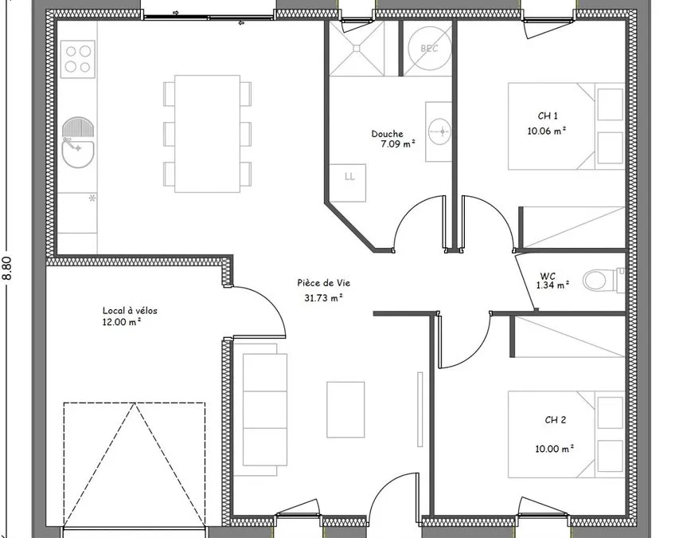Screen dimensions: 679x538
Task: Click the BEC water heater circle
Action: [429, 49]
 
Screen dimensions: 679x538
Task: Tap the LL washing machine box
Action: [348, 183]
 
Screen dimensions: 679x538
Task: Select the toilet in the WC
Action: [601, 280]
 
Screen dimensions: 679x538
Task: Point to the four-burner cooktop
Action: [78, 60]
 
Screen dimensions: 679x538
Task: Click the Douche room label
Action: [387, 134]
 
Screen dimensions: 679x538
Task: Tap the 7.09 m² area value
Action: [398, 144]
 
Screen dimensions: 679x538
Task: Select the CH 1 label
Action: [548, 116]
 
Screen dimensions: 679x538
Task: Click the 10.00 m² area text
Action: [554, 448]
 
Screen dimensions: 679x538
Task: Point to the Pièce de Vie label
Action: [323, 283]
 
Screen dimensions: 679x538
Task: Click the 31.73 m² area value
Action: [323, 298]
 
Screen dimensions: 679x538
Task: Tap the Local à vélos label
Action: [130, 310]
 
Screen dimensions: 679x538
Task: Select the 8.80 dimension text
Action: [8, 269]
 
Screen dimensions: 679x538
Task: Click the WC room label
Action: [548, 276]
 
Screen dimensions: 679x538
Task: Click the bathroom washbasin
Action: [439, 131]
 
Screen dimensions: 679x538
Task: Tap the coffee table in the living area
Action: [345, 410]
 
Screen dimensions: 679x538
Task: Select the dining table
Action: [208, 134]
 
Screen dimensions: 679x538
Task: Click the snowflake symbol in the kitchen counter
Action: [92, 198]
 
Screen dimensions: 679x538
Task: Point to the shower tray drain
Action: [357, 48]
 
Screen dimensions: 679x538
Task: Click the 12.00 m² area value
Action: [122, 322]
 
